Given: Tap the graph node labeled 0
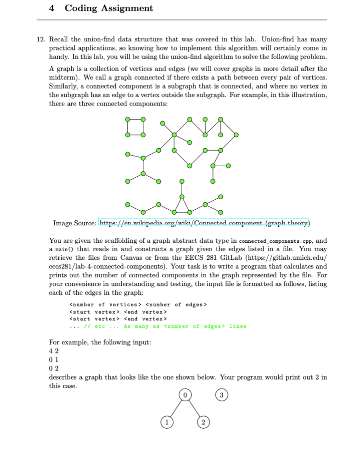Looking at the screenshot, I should click(x=184, y=394).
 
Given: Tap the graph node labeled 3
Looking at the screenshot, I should click(x=221, y=394).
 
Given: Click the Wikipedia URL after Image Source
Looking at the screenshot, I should click(x=203, y=224).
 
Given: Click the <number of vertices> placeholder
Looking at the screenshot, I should click(x=102, y=304).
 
